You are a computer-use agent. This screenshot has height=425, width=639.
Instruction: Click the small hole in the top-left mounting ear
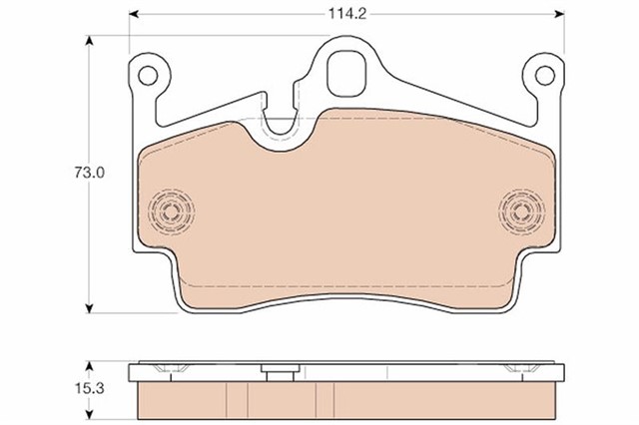pos(148,76)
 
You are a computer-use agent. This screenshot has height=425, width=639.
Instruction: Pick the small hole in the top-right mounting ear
pos(544,76)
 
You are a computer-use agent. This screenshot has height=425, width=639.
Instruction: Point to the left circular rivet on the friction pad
pos(171,211)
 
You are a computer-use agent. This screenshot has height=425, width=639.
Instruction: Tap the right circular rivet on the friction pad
pos(520,211)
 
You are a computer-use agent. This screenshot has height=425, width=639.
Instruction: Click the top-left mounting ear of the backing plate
pos(148,78)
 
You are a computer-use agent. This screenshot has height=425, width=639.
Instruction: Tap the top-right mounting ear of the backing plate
pos(544,78)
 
